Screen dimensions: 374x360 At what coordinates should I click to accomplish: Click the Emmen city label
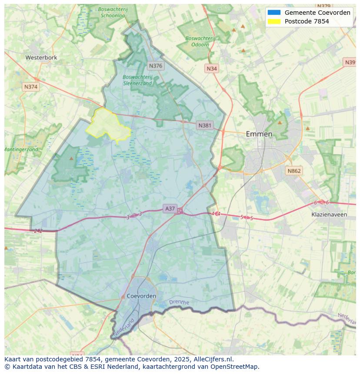(x=259, y=134)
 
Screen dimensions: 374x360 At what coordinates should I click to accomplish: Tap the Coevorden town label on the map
(x=142, y=296)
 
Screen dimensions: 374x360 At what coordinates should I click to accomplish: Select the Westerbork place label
(x=41, y=57)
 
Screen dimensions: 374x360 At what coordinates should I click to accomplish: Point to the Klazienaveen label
(x=329, y=215)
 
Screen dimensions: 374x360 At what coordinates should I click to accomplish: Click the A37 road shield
(x=170, y=209)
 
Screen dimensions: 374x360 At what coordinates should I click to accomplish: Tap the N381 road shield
(x=205, y=126)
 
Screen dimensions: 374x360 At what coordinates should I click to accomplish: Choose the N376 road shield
(x=155, y=66)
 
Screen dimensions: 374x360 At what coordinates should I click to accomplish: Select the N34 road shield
(x=212, y=69)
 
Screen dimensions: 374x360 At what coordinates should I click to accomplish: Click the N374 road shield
(x=31, y=87)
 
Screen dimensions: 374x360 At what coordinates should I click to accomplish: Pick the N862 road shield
(x=294, y=171)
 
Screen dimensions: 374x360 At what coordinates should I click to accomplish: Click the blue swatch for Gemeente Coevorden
(x=274, y=13)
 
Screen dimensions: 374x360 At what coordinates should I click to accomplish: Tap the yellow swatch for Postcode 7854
(x=274, y=21)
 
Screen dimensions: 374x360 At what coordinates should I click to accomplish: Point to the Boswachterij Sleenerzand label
(x=137, y=80)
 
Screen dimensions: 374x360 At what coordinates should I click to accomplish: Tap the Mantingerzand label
(x=21, y=149)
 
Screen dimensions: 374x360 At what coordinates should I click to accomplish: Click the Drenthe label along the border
(x=179, y=302)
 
